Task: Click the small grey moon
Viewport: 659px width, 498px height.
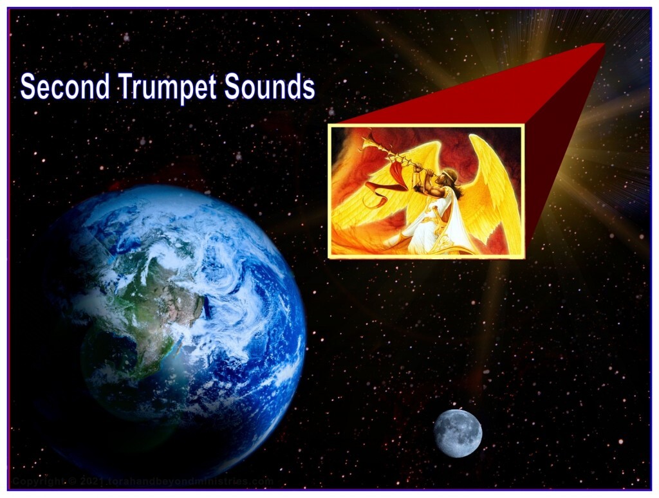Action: click(457, 433)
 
